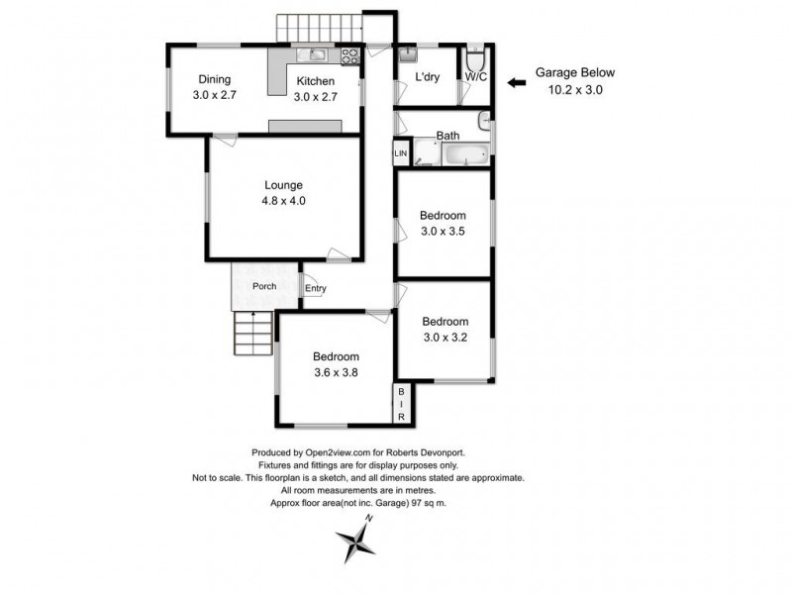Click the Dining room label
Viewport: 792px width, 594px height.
pos(214,80)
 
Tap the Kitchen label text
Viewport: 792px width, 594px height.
pos(315,82)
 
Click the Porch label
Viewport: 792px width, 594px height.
pos(264,287)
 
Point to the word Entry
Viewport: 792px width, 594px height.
pos(315,289)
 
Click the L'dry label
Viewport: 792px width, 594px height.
pos(428,77)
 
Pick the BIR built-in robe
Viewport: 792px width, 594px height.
pos(401,406)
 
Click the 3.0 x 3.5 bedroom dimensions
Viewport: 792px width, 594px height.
pos(443,232)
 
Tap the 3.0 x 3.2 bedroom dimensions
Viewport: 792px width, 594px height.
pos(445,337)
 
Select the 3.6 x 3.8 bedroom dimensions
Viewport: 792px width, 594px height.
pos(336,373)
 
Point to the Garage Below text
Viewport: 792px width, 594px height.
pos(575,73)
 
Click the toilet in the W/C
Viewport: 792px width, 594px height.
pos(474,54)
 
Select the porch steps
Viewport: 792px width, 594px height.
pos(251,333)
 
